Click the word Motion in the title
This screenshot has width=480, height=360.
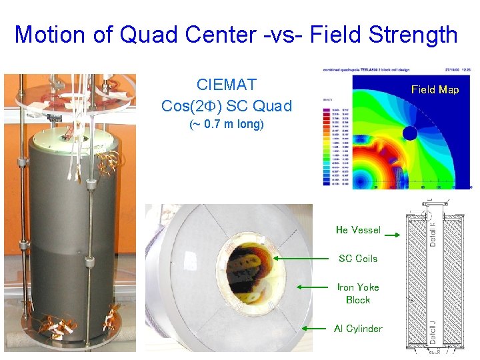tap(51, 34)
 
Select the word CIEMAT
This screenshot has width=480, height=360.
tap(227, 85)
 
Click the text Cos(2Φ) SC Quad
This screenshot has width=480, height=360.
tap(227, 105)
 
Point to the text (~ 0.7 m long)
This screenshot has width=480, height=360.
tap(227, 124)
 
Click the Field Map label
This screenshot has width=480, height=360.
tap(435, 89)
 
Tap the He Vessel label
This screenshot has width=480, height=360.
tap(358, 230)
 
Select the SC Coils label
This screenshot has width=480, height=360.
tap(358, 259)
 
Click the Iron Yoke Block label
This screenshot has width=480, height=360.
tap(358, 293)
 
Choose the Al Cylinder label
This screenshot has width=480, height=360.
tap(358, 328)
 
